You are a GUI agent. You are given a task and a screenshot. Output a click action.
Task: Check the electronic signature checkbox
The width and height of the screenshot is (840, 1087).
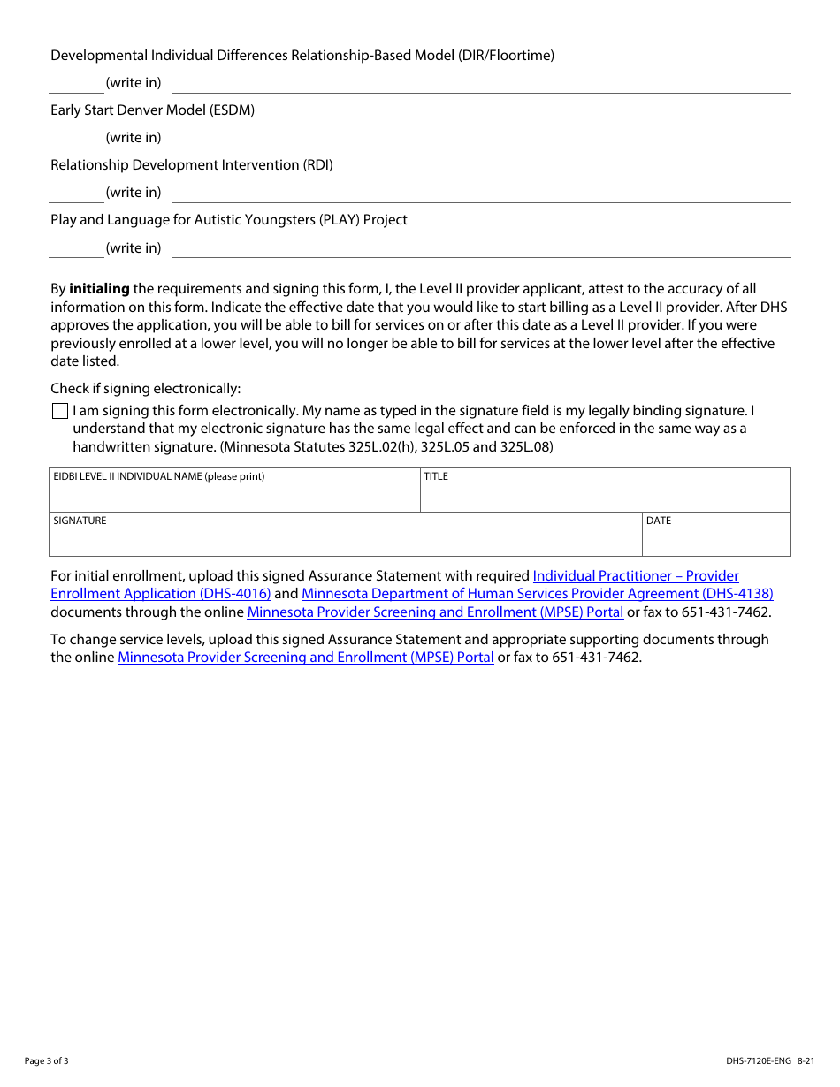click(x=60, y=411)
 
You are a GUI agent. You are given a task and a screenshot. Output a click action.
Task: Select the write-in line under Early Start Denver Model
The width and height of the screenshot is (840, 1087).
click(x=481, y=139)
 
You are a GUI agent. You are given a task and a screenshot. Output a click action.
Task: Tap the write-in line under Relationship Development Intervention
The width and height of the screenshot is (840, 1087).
click(x=481, y=194)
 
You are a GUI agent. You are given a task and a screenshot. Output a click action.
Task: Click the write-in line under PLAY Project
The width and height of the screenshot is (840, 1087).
click(x=481, y=249)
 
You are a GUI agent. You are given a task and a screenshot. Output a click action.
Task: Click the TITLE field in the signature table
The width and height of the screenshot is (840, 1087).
click(x=605, y=490)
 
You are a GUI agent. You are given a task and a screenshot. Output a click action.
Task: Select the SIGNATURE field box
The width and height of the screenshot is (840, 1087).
click(x=346, y=535)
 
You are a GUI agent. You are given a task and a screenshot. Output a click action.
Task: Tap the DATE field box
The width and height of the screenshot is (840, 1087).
click(x=716, y=535)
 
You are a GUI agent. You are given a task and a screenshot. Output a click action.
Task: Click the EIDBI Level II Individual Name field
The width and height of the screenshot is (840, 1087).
click(x=234, y=490)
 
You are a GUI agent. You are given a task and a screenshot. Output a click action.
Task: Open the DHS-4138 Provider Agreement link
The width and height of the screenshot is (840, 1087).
click(x=537, y=594)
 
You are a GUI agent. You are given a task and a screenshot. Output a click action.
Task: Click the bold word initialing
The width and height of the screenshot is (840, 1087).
click(x=99, y=289)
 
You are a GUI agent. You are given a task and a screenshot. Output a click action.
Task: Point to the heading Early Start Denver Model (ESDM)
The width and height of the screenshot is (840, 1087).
click(x=152, y=110)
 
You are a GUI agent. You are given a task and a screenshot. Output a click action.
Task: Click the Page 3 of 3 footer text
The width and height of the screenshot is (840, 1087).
click(x=46, y=1061)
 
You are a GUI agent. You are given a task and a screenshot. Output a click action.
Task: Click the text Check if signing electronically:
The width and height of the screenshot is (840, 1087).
click(x=145, y=389)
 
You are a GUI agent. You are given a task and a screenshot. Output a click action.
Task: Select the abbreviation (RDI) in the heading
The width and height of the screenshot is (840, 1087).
click(x=317, y=165)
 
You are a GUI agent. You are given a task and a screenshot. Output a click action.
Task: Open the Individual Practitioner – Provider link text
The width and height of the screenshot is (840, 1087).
click(x=636, y=576)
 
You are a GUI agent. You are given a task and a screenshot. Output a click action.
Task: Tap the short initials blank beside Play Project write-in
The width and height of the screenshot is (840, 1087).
click(x=76, y=249)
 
